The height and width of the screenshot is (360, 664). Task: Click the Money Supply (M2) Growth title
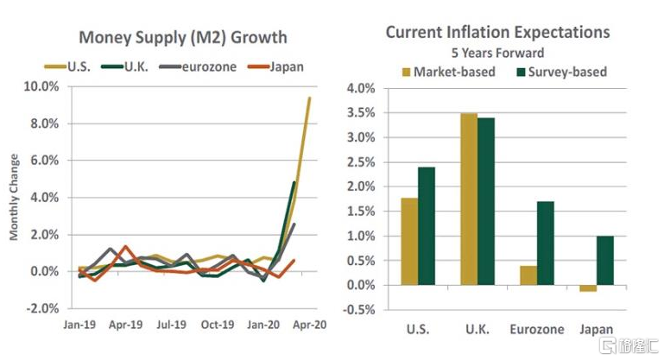click(x=183, y=38)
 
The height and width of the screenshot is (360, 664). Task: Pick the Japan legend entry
click(x=284, y=65)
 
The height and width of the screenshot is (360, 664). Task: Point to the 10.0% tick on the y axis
click(x=41, y=87)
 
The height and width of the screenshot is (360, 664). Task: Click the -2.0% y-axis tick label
click(x=41, y=308)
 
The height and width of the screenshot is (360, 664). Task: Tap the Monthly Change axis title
click(x=14, y=197)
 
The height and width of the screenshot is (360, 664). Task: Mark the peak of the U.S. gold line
click(x=308, y=98)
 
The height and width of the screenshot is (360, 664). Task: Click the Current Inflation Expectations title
click(x=497, y=32)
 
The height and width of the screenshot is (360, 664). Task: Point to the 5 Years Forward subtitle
click(x=497, y=53)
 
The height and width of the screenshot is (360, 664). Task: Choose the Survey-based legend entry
click(x=561, y=72)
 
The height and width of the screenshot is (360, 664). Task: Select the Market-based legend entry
click(x=454, y=72)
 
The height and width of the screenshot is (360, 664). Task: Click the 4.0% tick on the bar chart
click(x=361, y=88)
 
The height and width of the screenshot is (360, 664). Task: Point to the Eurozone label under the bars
click(x=536, y=330)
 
